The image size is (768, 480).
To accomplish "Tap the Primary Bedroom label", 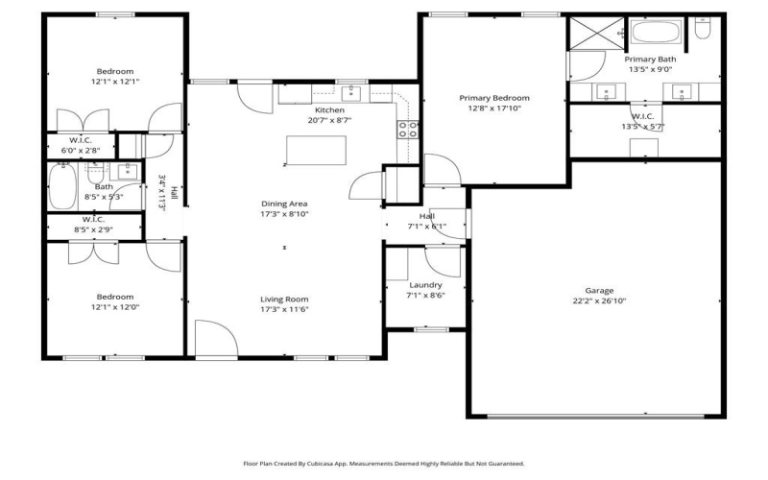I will (493, 98).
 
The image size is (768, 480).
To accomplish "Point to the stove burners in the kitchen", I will (408, 130).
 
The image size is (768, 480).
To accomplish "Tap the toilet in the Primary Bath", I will (702, 31).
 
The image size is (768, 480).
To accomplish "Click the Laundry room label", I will (425, 285).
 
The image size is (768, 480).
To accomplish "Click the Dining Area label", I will (284, 204).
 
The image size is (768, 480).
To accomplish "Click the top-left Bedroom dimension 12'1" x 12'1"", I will (114, 83).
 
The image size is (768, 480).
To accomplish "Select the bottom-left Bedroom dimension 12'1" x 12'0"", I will (114, 308).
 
